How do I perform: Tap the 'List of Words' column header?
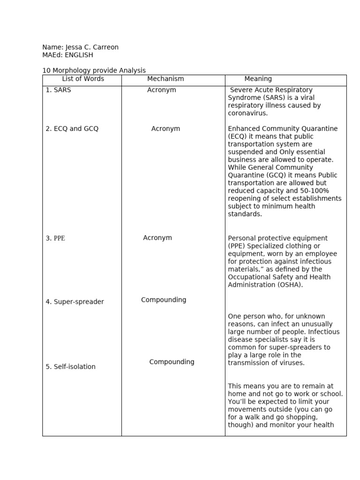83,79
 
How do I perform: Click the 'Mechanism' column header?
165,79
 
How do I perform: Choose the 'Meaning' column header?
258,79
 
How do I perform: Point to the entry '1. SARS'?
59,90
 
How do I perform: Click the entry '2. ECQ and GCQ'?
72,129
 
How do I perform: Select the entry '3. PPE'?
55,238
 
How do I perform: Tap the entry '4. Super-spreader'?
75,302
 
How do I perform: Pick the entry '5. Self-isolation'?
70,367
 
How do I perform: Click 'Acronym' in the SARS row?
162,90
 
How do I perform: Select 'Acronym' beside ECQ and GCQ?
165,129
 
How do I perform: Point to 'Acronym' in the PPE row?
157,238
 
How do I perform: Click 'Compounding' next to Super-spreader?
164,300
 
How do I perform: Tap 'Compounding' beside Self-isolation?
172,362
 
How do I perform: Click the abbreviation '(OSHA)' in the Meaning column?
290,285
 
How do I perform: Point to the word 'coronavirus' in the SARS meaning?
247,113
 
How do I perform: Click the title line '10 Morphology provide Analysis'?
94,70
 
